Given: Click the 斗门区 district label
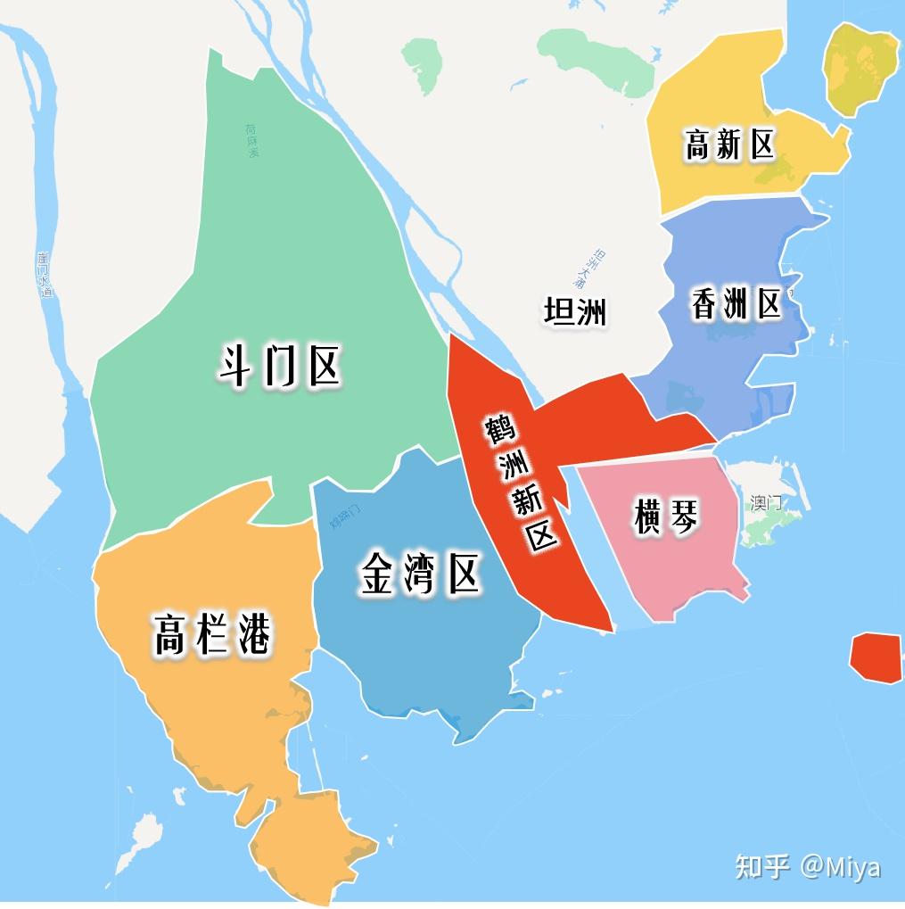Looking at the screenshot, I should click(x=280, y=366).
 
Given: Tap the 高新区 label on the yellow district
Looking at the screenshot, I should click(x=729, y=145).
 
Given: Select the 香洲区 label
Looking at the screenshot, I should click(x=736, y=304).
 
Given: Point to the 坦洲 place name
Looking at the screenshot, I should click(x=575, y=312).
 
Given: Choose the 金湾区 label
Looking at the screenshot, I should click(x=421, y=574).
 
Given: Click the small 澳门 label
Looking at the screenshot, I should click(x=765, y=502).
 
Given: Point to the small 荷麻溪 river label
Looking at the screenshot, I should click(x=252, y=141).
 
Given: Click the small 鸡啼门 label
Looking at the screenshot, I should click(x=345, y=515).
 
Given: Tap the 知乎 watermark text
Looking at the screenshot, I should click(x=762, y=866).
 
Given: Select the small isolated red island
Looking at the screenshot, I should click(x=875, y=657).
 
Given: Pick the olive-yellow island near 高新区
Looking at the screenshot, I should click(x=862, y=68).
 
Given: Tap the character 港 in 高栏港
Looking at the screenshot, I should click(x=253, y=635).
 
